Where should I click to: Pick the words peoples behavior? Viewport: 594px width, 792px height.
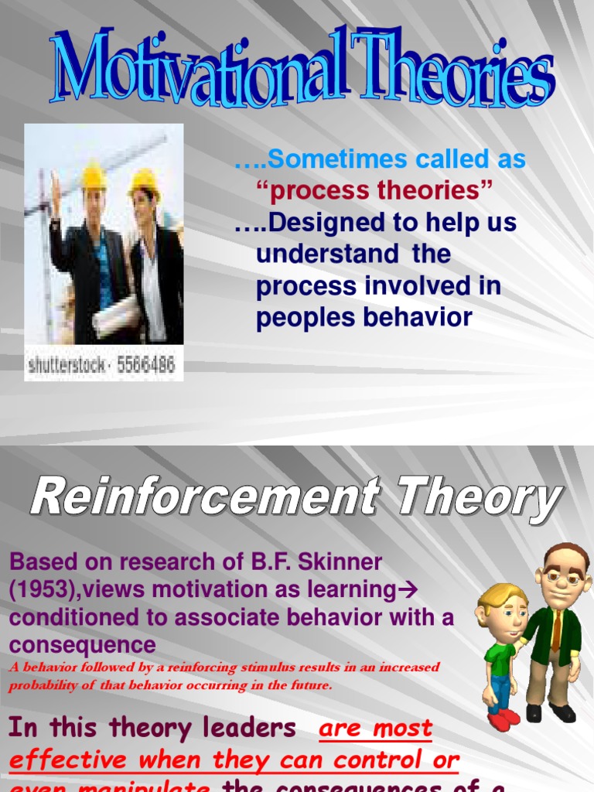(x=364, y=318)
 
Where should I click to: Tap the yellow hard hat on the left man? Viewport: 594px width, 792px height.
(x=94, y=176)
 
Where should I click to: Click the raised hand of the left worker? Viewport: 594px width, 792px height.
(x=55, y=185)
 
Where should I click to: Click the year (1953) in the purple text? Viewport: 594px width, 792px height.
(x=43, y=589)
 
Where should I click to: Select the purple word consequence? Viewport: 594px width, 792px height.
(x=83, y=645)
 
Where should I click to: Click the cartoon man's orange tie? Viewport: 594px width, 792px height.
(x=556, y=630)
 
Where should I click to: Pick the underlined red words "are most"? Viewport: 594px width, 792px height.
(x=376, y=729)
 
